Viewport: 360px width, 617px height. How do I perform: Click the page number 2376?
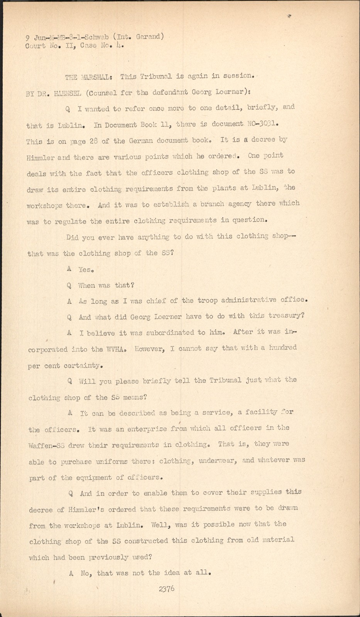(x=166, y=589)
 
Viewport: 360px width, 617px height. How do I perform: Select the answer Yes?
(x=85, y=270)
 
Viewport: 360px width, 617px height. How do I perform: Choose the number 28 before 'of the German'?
(x=93, y=141)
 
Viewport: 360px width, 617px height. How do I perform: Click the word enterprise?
(x=148, y=429)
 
